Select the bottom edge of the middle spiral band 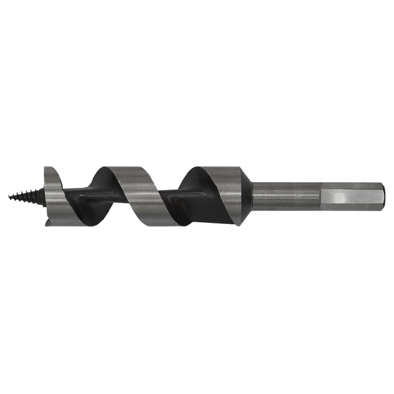(151, 225)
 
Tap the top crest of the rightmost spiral (200, 166)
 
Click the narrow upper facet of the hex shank (351, 184)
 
